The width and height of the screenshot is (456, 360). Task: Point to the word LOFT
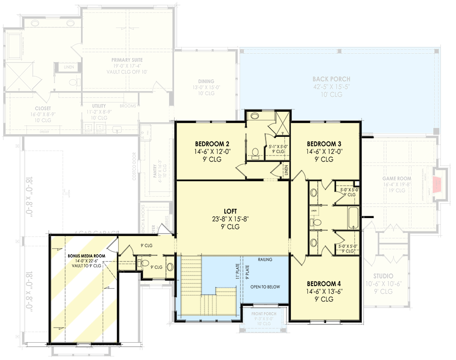coord(230,211)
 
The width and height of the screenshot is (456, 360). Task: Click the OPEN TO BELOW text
coord(265,287)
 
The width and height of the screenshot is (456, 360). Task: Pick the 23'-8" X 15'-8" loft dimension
coord(230,219)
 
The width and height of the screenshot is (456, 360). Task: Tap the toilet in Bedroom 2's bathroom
coord(255,152)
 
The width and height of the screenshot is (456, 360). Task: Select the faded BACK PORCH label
coord(332,79)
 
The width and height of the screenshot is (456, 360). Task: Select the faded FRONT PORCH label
coord(264,314)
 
